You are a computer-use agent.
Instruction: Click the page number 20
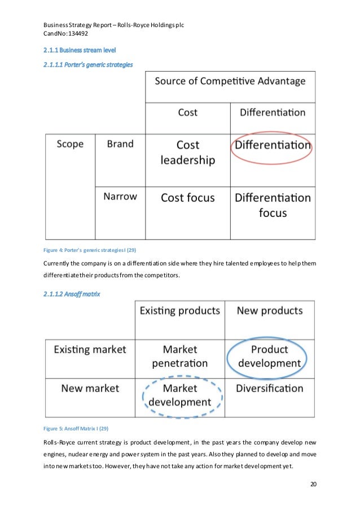click(314, 484)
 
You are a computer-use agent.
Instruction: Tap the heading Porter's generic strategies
click(88, 65)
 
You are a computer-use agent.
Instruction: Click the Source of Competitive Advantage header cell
click(230, 81)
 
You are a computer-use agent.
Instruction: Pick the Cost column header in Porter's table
click(187, 112)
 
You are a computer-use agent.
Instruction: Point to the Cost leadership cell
click(187, 152)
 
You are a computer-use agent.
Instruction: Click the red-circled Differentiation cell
click(272, 145)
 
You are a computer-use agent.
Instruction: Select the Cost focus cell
click(187, 198)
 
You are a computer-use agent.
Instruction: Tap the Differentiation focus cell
click(272, 205)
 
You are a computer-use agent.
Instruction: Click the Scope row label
click(70, 144)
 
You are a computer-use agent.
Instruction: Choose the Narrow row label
click(120, 197)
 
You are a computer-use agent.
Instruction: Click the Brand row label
click(120, 144)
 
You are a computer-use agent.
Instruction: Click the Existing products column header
click(179, 311)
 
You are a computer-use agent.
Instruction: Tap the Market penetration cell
click(179, 356)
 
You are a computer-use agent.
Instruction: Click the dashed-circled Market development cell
click(179, 395)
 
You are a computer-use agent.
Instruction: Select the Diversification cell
click(269, 389)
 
